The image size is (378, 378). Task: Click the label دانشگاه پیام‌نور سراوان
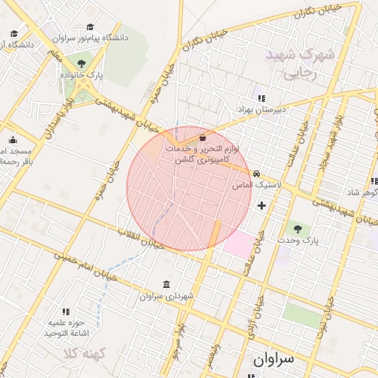coord(90,37)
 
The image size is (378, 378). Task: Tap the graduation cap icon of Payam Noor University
coord(90,27)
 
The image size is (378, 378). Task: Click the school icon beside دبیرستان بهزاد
coord(260,97)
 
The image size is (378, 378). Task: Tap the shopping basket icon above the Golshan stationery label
coord(202,137)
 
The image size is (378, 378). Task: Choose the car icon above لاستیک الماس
coord(256,174)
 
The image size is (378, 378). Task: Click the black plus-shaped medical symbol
coord(261,205)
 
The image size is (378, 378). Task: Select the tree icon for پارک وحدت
coord(298,230)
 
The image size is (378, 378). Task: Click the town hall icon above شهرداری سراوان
coord(165,285)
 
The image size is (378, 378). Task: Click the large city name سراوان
coord(273,359)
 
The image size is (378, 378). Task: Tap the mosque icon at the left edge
coord(13,140)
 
